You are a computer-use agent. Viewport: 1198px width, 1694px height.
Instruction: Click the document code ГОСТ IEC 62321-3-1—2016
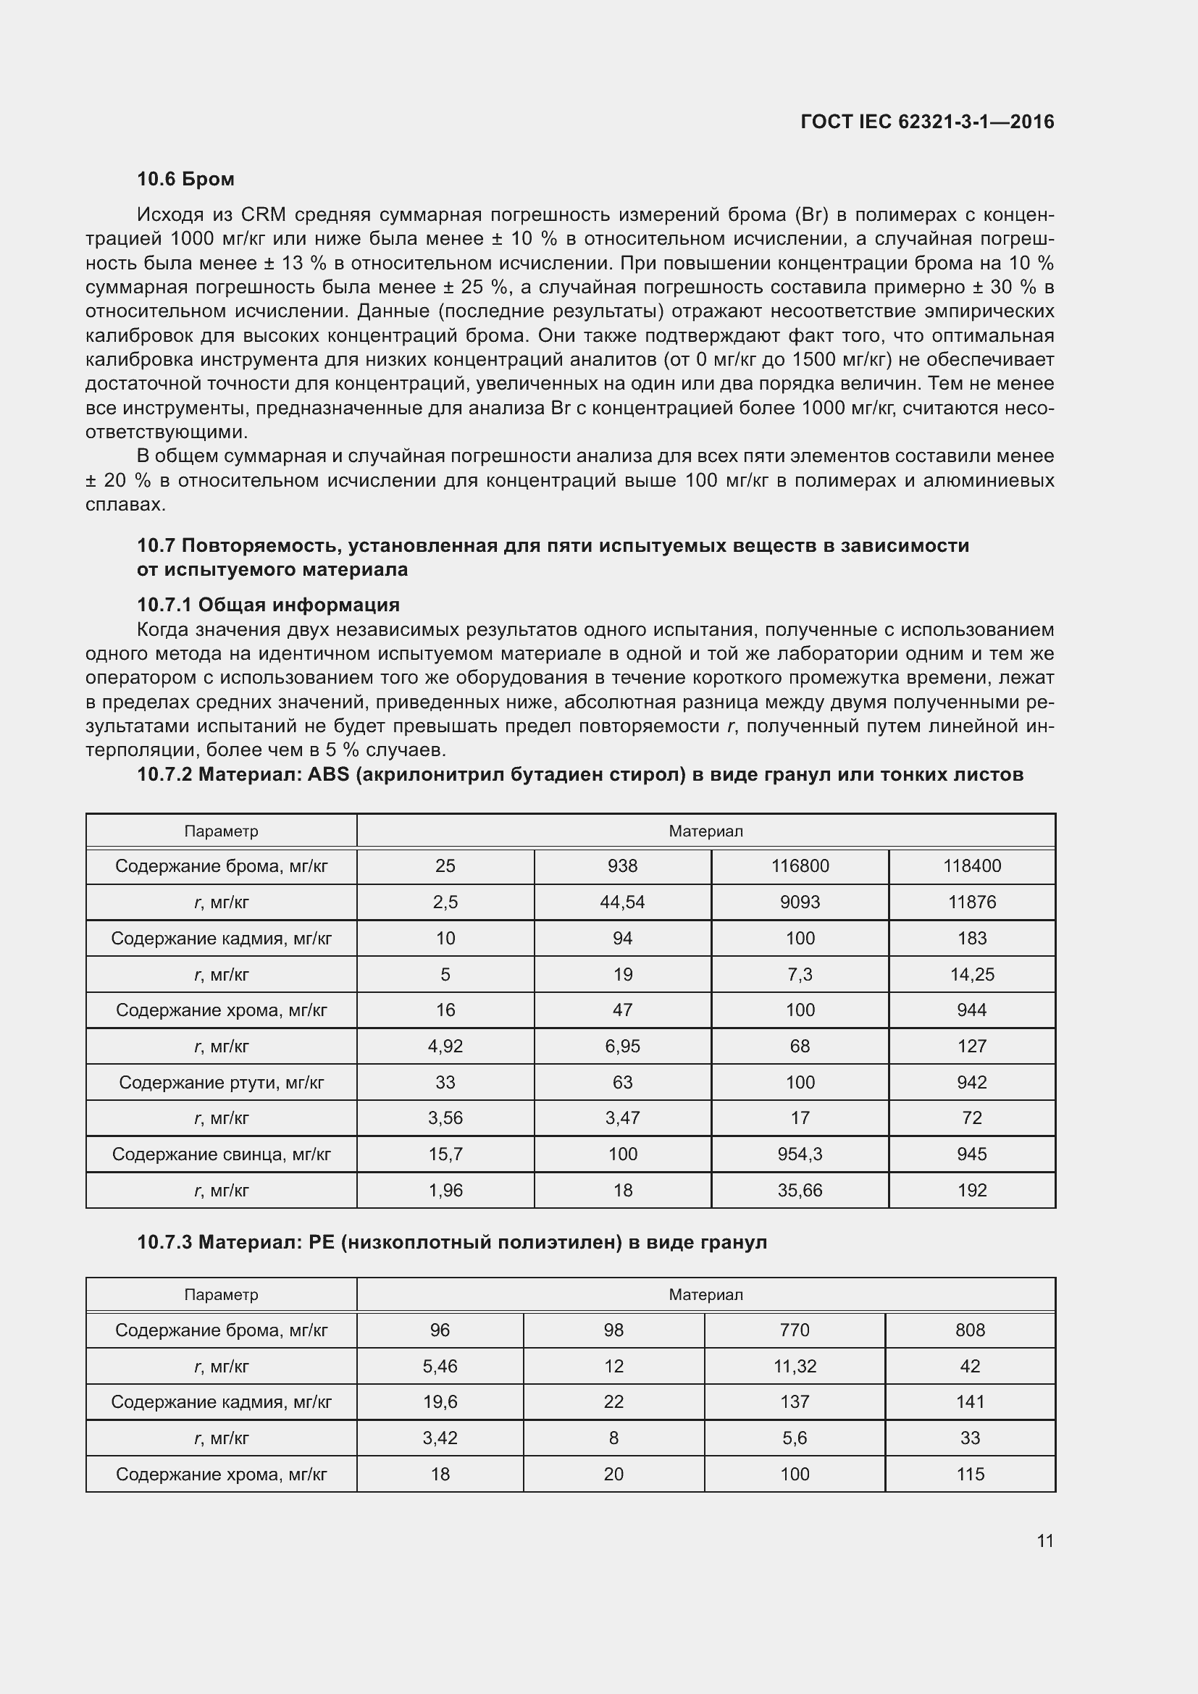click(x=926, y=122)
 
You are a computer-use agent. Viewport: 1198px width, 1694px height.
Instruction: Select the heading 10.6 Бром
click(x=185, y=179)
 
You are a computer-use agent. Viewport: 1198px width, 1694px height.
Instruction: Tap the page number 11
click(x=1044, y=1540)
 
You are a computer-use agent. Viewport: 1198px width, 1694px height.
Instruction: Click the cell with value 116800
click(x=800, y=865)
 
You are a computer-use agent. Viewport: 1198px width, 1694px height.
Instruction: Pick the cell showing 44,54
click(x=622, y=902)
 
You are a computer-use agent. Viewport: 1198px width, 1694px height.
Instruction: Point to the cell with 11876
click(x=971, y=902)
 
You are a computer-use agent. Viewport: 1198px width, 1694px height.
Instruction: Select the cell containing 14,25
click(x=971, y=974)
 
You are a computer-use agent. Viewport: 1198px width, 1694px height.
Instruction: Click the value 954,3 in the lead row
click(x=800, y=1154)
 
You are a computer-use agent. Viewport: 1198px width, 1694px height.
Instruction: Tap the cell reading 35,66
click(x=800, y=1190)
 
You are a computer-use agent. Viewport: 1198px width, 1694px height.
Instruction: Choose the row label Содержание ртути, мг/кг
click(x=222, y=1082)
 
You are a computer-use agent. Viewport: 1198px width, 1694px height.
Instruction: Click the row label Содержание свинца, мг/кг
click(x=222, y=1154)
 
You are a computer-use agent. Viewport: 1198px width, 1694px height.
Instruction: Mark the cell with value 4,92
click(x=445, y=1047)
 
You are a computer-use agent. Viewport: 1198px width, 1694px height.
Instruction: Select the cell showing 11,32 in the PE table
click(x=795, y=1367)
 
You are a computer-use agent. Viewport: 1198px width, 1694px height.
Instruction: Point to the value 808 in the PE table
click(x=970, y=1330)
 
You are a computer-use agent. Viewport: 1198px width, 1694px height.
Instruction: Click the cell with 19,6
click(x=440, y=1402)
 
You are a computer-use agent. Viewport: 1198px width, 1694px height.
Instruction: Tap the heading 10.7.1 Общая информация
click(x=268, y=605)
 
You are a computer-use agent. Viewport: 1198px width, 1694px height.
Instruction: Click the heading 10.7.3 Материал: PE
click(x=451, y=1243)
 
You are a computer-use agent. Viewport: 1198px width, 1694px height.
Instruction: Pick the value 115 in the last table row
click(x=970, y=1474)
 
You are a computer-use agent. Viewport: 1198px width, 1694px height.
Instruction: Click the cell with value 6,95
click(x=622, y=1047)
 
